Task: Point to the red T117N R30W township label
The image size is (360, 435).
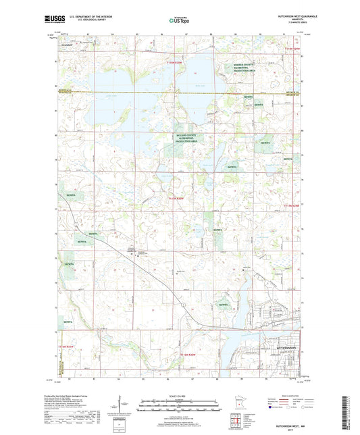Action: pos(177,199)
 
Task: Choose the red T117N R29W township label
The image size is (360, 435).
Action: pos(292,205)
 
